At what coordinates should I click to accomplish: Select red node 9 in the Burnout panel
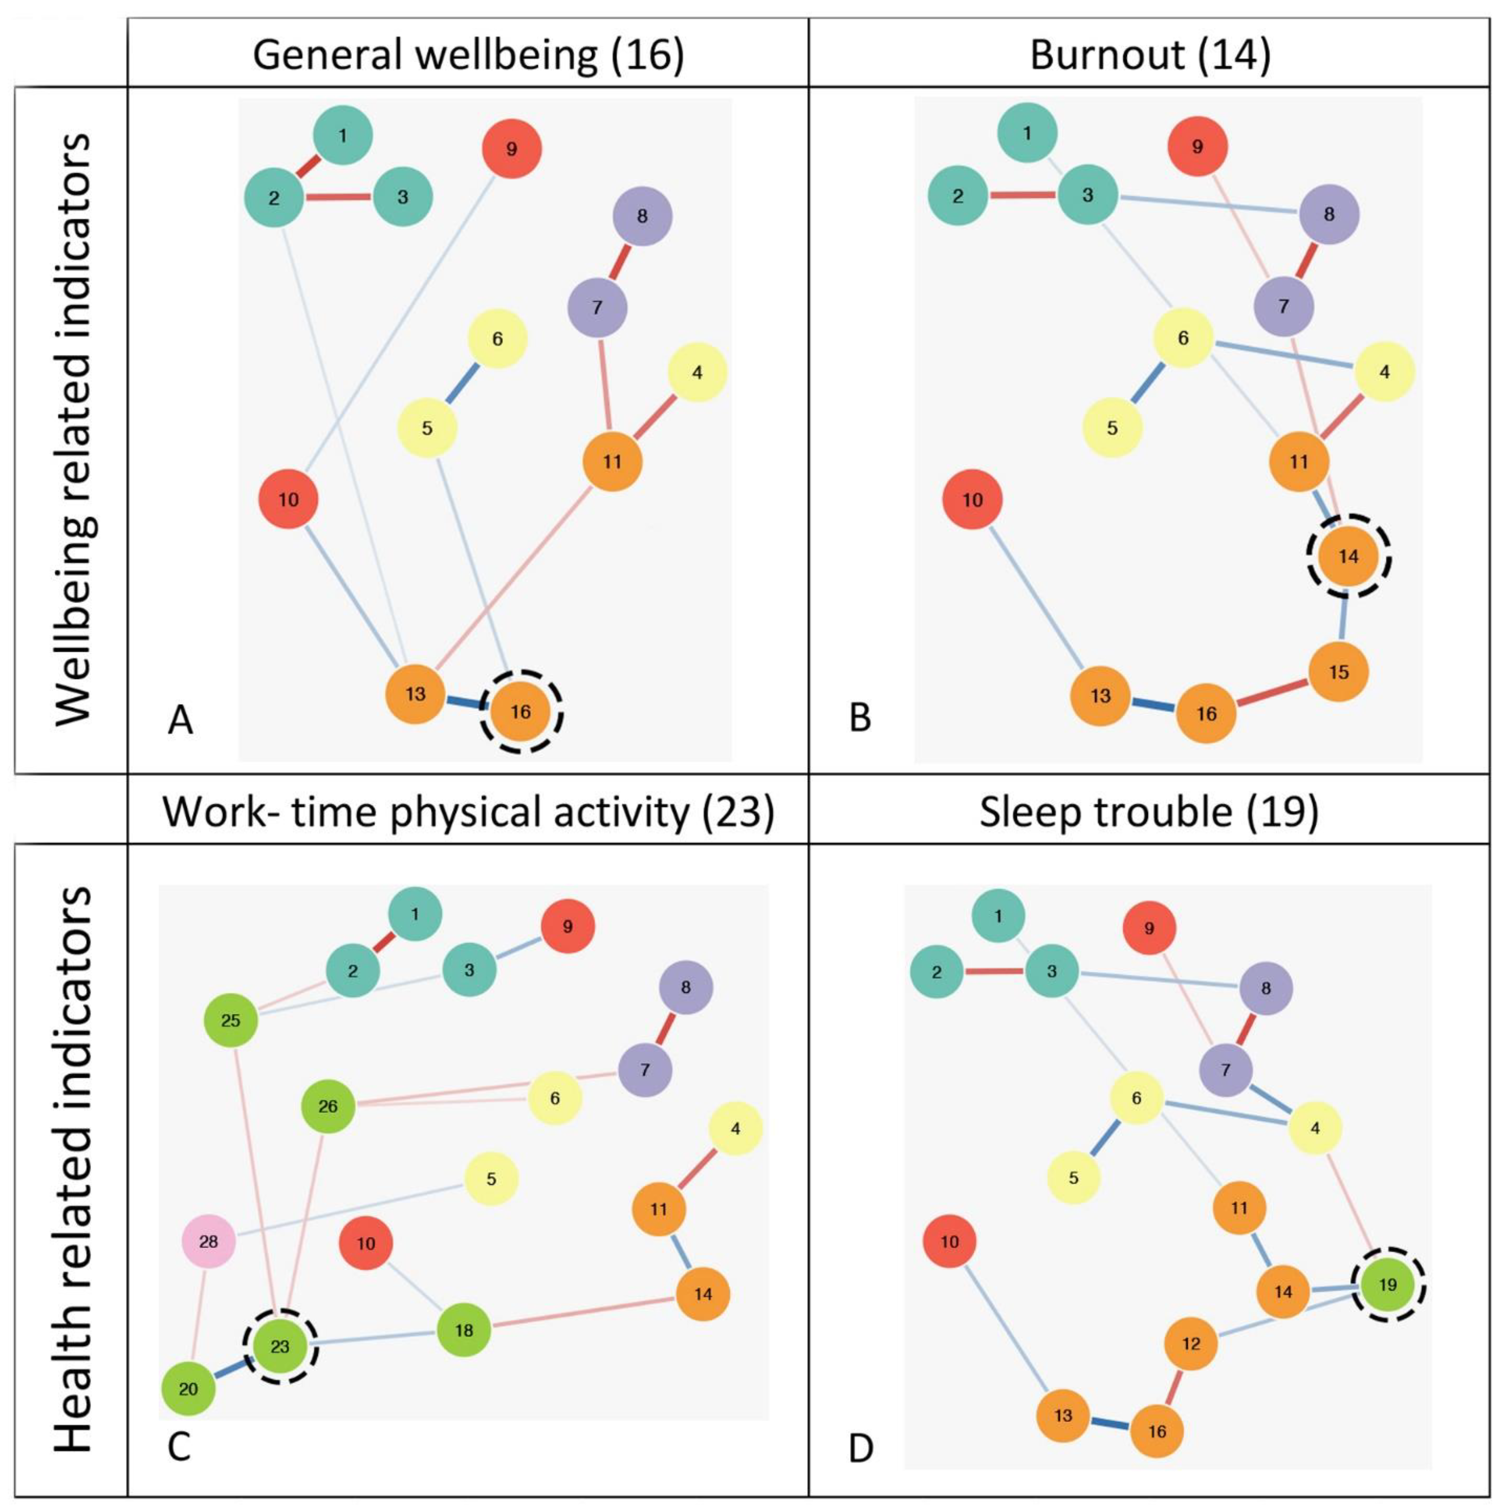click(x=1197, y=146)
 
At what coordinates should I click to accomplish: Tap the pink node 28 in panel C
click(x=208, y=1241)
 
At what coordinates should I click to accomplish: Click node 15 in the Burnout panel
click(x=1339, y=672)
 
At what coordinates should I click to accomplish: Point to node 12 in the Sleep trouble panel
click(x=1191, y=1344)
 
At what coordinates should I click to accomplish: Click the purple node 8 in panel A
click(x=642, y=216)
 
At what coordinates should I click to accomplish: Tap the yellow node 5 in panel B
click(x=1112, y=428)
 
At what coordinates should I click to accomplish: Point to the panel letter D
click(x=861, y=1449)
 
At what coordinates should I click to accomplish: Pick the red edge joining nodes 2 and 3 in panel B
click(x=1023, y=195)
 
